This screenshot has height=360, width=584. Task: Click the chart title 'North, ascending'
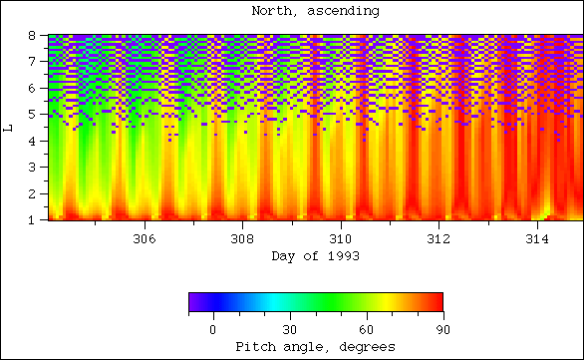click(x=315, y=11)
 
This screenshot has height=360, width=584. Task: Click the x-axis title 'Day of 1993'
click(x=315, y=256)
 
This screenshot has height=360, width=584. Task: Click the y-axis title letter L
click(x=9, y=128)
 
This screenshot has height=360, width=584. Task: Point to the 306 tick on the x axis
click(x=145, y=239)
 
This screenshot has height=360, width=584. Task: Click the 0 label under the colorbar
click(x=212, y=329)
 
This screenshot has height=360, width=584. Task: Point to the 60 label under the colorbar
click(x=366, y=329)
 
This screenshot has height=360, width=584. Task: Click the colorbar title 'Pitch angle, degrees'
click(x=315, y=346)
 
